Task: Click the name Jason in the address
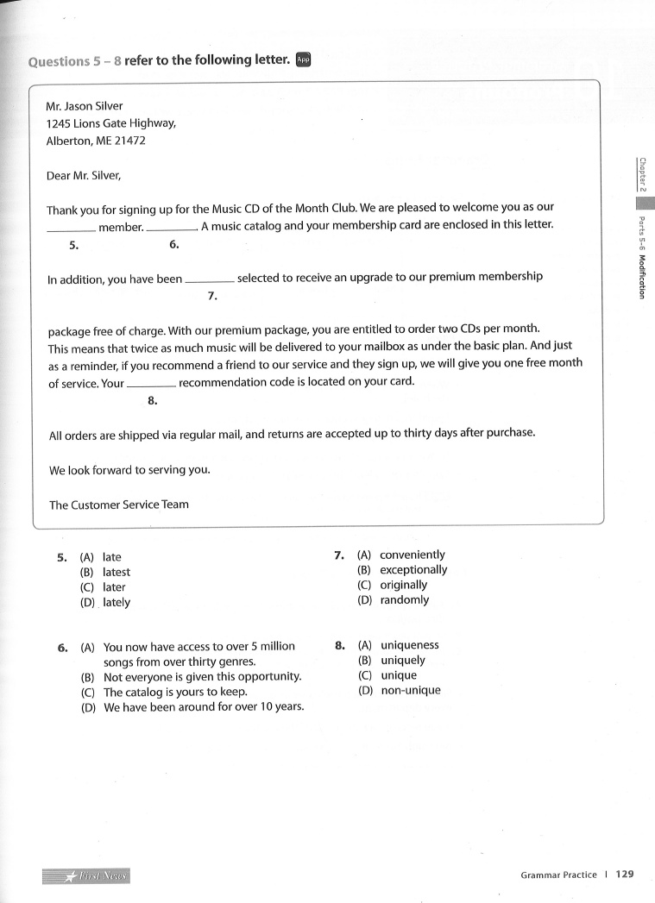80,106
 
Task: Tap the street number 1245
60,123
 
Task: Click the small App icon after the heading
303,60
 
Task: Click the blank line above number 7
210,282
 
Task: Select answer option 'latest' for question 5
117,572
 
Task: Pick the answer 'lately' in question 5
117,603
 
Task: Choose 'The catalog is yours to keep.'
175,692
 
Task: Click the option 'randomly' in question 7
404,600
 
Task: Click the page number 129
625,874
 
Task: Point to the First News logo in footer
86,876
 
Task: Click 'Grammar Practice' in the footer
558,875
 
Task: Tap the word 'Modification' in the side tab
642,276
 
